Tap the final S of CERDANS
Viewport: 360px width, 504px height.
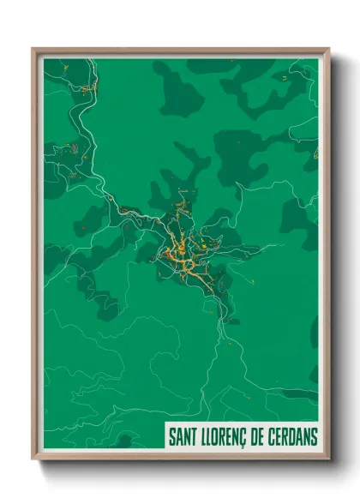pos(314,438)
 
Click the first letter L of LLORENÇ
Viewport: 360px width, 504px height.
pos(202,438)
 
